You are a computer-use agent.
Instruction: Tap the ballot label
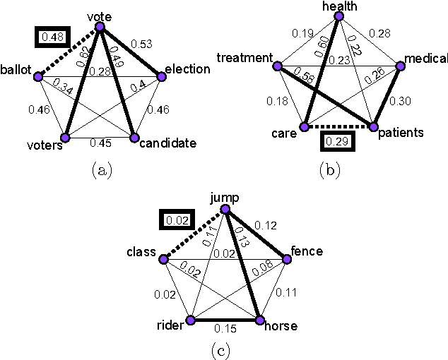16,69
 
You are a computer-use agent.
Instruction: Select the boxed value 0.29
336,140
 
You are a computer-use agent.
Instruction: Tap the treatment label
244,56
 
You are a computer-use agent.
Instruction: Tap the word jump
225,200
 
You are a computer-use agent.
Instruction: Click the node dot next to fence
287,260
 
